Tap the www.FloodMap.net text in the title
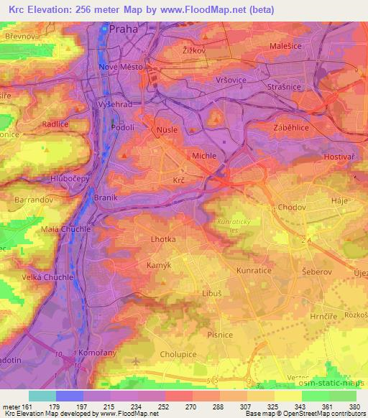[196, 8]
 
